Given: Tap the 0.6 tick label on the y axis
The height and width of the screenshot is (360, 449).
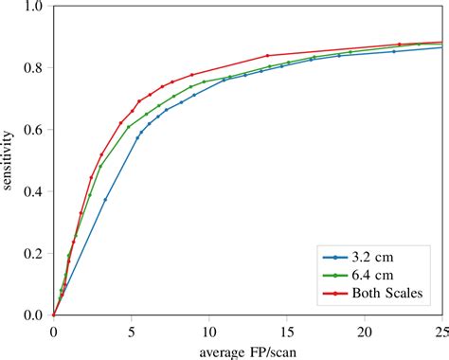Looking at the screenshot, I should coord(34,130).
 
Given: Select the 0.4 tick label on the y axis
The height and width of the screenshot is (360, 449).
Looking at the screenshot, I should coord(34,191).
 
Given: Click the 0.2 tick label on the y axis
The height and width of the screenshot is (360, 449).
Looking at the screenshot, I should coord(34,253).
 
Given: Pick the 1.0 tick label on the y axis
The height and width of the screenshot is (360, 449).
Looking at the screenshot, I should coord(34,7).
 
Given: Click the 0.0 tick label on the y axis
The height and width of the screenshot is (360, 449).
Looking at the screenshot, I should coord(34,315).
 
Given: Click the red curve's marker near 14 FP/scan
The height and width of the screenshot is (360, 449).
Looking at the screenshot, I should coord(268,56).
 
